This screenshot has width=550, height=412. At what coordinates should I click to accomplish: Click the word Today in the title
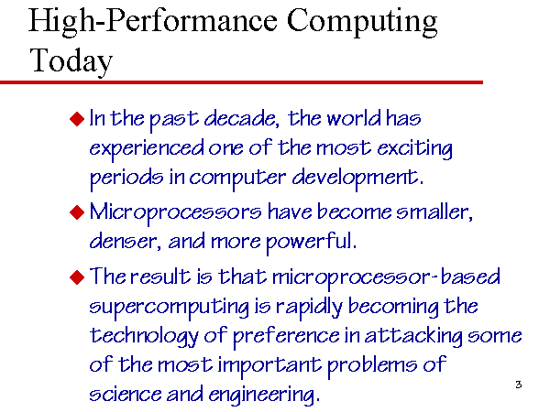[71, 60]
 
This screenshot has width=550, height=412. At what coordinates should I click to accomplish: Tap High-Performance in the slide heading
[153, 22]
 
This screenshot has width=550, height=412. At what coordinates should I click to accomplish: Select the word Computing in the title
[362, 22]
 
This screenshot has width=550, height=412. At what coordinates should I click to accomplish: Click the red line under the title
[241, 82]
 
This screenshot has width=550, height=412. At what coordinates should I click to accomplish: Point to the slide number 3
[519, 385]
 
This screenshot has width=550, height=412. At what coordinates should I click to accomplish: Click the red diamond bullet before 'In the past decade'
[77, 118]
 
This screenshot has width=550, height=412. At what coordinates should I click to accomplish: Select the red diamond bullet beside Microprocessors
[77, 212]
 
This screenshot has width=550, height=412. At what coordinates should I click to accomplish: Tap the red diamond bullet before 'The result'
[77, 277]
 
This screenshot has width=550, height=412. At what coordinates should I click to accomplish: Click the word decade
[242, 118]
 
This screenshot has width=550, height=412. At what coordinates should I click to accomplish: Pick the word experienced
[147, 149]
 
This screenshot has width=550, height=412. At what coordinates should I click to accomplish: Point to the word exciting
[415, 149]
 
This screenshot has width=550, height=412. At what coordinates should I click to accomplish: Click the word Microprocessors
[176, 213]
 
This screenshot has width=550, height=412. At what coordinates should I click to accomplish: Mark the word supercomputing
[169, 308]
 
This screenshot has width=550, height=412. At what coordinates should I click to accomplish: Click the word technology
[144, 336]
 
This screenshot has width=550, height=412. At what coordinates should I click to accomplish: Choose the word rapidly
[309, 307]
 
